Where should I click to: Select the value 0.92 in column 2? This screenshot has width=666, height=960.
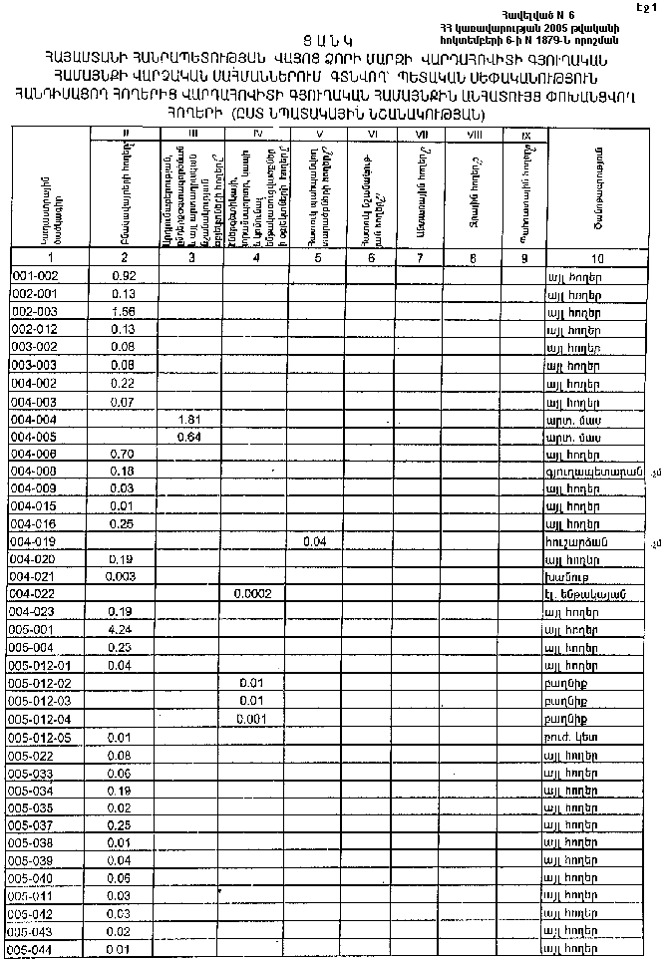coord(124,275)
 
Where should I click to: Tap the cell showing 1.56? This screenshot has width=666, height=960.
coord(124,312)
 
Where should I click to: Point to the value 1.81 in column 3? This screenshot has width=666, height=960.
coord(189,420)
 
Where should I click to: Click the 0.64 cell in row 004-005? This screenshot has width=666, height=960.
coord(189,438)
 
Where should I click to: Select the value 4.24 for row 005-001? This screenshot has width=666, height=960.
coord(124,629)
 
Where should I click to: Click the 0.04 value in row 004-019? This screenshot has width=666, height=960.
coord(315,540)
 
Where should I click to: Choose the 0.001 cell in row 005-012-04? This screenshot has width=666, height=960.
coord(253,718)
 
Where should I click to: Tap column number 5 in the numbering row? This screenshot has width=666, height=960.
coord(316,257)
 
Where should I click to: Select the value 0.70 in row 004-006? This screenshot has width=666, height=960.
coord(124,455)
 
